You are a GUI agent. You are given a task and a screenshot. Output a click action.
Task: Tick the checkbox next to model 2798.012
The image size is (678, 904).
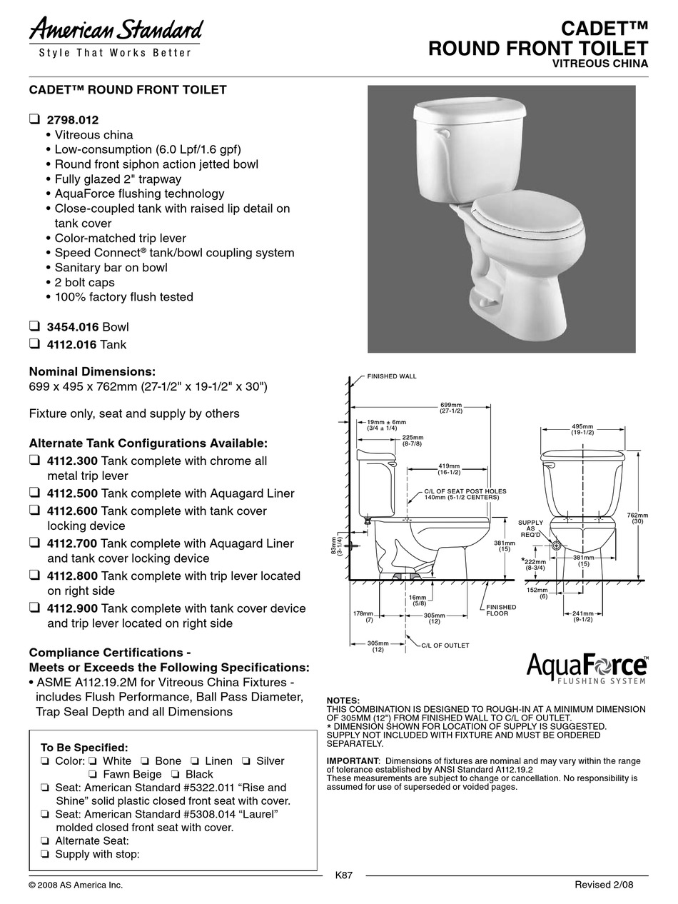pos(34,119)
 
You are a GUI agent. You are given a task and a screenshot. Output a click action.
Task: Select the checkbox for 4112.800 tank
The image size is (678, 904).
pos(34,576)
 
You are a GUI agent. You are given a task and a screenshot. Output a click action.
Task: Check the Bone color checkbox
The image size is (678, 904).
pos(145,761)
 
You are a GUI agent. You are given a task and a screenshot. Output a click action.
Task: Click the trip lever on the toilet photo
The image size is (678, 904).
pos(442,134)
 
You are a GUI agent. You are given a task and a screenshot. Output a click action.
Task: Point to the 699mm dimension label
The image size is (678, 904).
pos(450,407)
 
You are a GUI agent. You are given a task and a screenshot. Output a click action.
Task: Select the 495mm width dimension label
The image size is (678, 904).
pos(582,429)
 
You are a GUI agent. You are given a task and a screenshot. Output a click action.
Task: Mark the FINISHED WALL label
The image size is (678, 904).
pos(391,376)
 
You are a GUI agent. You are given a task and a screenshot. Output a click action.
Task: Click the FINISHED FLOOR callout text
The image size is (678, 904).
pos(501,610)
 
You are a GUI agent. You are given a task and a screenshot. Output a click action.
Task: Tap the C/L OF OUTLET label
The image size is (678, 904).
pos(445,645)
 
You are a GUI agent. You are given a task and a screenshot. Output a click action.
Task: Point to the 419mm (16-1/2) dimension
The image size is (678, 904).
pos(449,469)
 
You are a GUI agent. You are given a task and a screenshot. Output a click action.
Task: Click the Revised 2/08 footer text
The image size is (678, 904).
pos(604,885)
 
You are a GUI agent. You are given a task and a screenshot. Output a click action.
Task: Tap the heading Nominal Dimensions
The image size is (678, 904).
pos(91,372)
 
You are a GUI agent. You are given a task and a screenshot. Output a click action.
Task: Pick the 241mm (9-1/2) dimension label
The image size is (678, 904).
pos(583,616)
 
